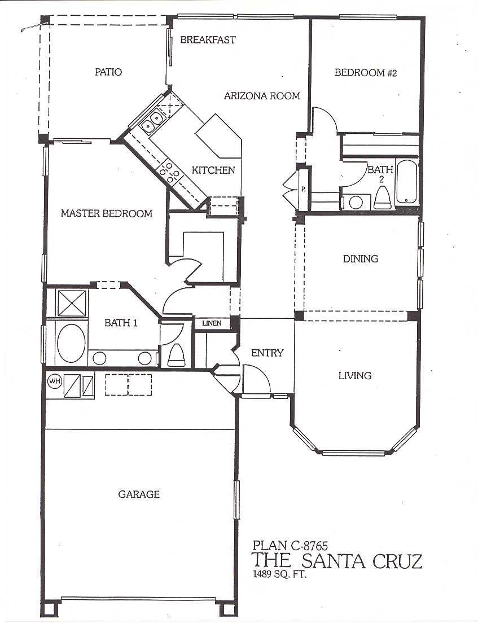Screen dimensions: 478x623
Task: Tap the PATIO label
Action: pos(108,72)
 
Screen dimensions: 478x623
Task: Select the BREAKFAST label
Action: pos(208,40)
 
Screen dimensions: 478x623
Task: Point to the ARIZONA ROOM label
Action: pos(262,96)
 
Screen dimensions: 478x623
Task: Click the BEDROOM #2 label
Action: pos(366,73)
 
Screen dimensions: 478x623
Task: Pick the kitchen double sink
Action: pos(153,121)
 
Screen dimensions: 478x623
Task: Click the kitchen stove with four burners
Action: pos(170,172)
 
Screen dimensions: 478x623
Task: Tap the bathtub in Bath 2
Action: pos(406,181)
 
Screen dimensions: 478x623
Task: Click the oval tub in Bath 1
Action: pos(71,343)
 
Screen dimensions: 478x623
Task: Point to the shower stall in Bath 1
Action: pos(72,303)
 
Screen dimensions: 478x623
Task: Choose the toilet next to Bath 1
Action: pos(176,355)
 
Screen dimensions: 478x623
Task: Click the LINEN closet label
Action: pos(212,323)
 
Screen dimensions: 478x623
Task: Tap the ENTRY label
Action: pos(267,353)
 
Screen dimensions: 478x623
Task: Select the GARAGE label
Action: pos(139,494)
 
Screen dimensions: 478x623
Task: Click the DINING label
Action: pos(361,259)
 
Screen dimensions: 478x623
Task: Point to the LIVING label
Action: pos(355,375)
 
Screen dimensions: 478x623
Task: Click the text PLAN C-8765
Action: pos(290,545)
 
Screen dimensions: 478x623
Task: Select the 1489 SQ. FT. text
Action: pos(280,574)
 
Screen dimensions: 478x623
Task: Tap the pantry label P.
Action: pos(303,189)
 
